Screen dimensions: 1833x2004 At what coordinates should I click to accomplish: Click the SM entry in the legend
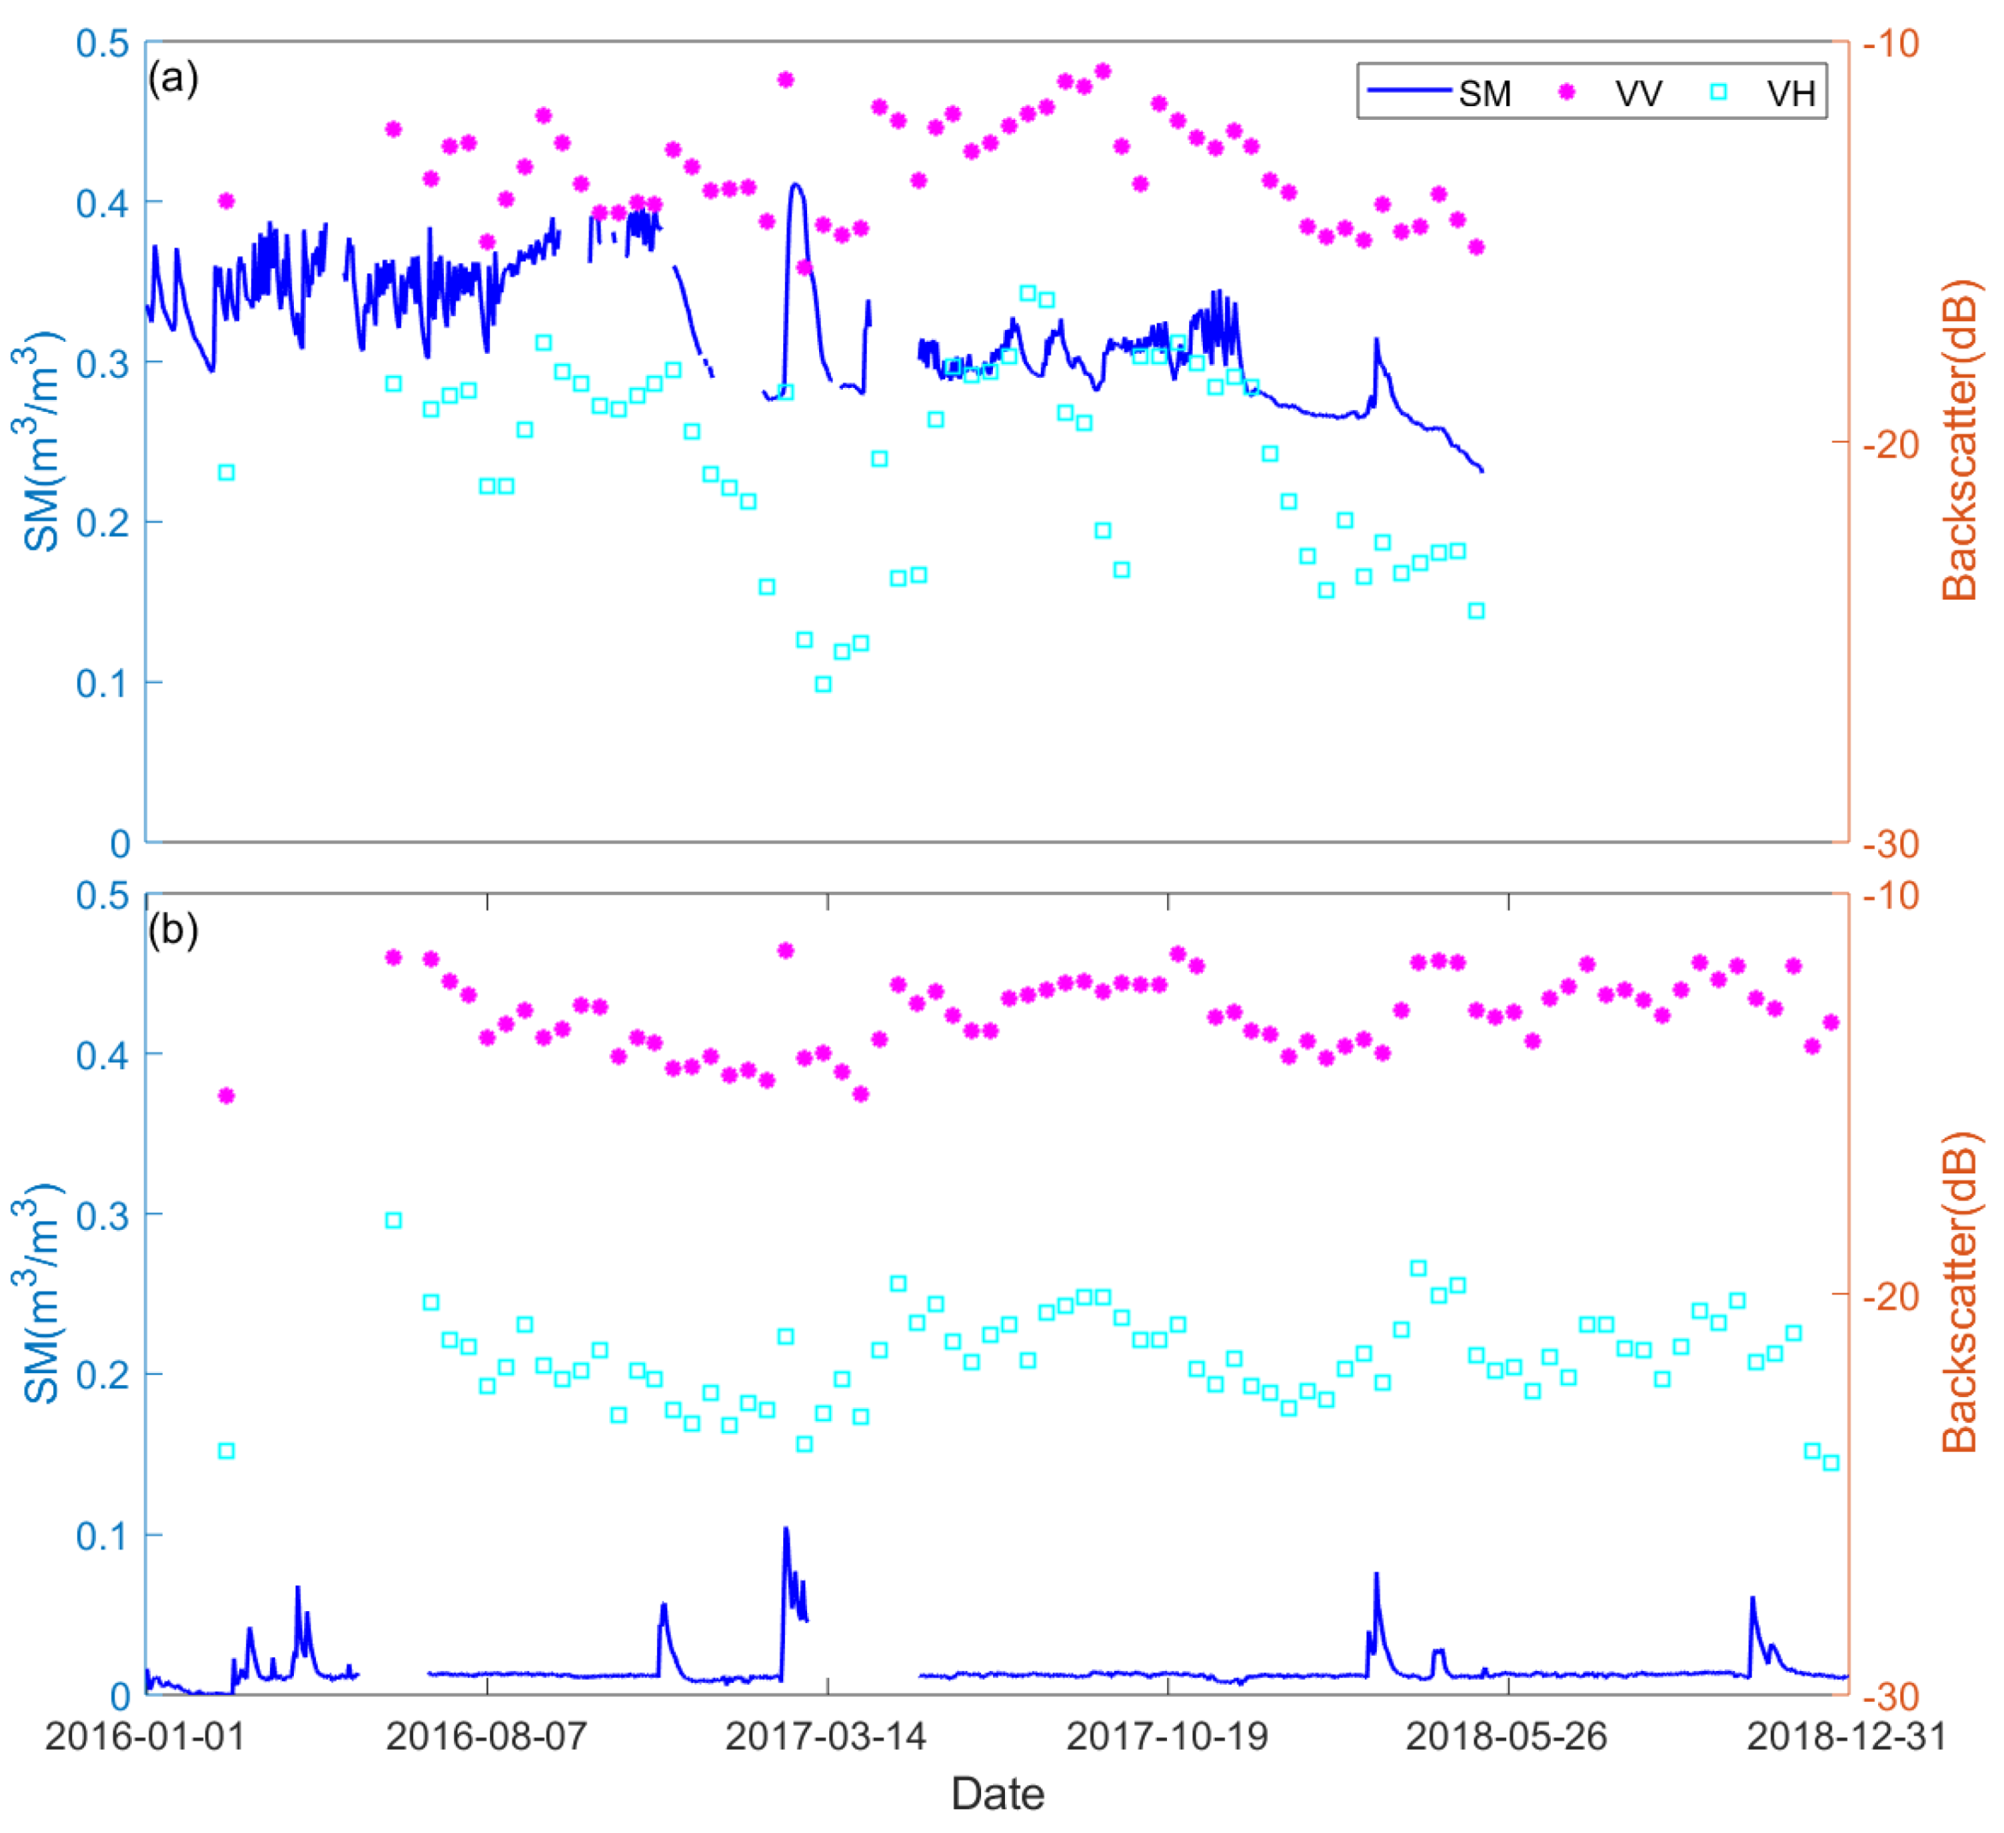(1483, 93)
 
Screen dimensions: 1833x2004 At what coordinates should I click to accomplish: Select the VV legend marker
(1568, 92)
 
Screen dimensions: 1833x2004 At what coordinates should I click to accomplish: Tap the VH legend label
(1791, 93)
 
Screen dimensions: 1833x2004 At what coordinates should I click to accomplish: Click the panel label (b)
(173, 929)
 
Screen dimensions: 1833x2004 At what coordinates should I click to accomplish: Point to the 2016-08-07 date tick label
(488, 1736)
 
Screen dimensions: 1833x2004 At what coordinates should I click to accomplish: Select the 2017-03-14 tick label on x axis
(827, 1736)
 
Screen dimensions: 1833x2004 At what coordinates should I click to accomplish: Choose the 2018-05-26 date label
(1507, 1736)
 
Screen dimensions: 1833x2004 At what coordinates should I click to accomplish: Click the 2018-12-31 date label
(1846, 1736)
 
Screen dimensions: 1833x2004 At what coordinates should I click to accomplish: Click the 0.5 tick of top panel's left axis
(103, 44)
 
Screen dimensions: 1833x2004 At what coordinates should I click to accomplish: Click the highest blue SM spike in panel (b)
(786, 1528)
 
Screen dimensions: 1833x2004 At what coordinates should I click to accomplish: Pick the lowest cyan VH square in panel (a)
(823, 684)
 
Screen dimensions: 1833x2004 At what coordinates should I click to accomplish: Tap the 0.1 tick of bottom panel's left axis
(103, 1536)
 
